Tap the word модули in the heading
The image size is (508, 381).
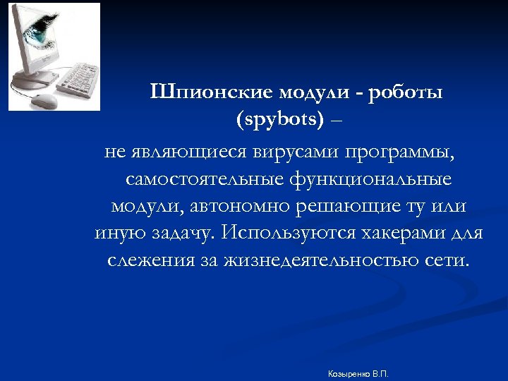(315, 94)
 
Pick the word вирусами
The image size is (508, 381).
(300, 152)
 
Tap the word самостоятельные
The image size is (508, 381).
(204, 179)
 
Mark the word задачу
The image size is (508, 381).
(183, 234)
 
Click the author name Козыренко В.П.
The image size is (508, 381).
(358, 372)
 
